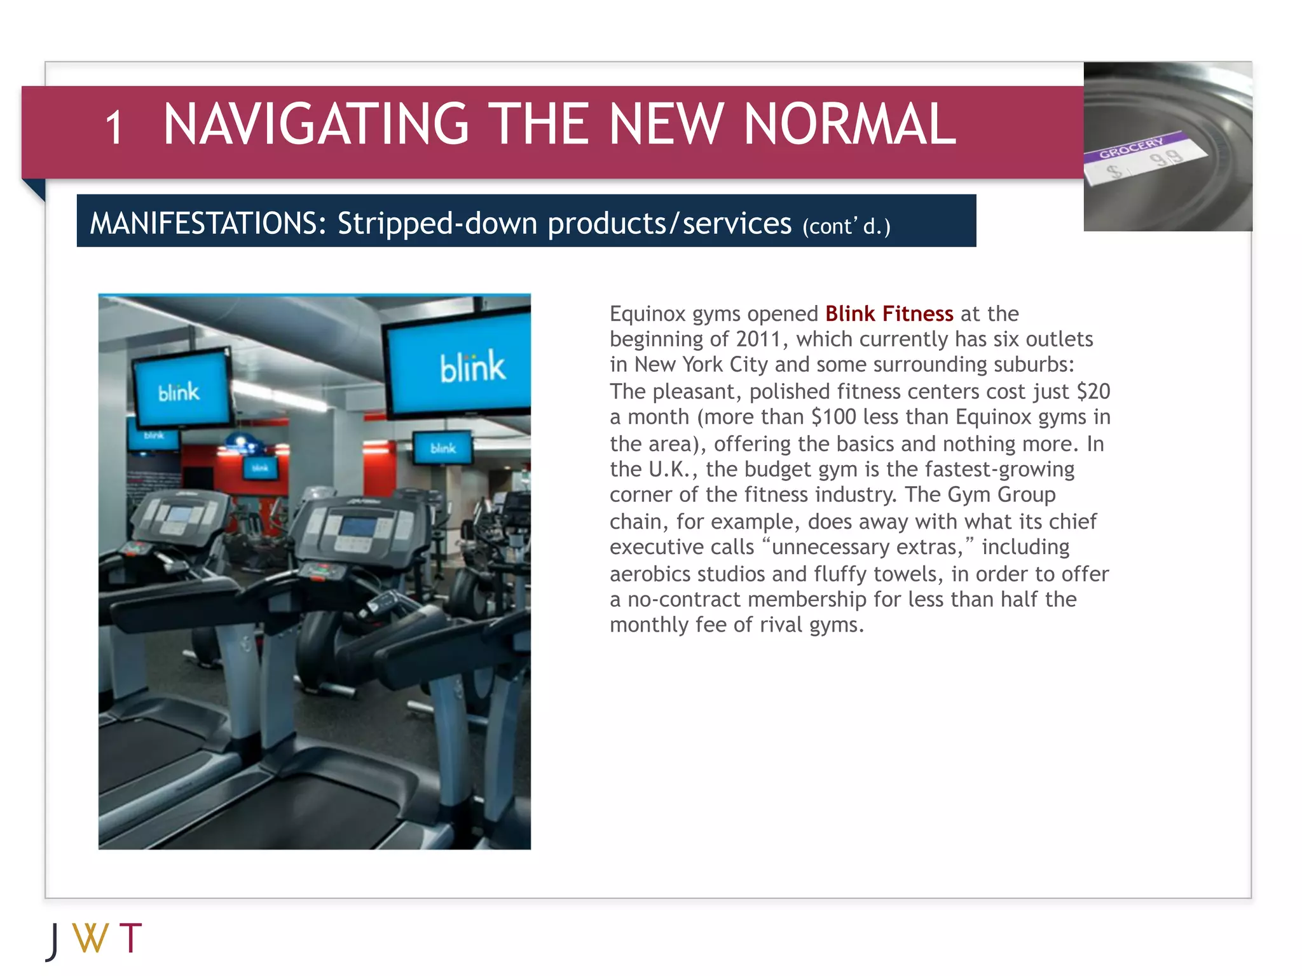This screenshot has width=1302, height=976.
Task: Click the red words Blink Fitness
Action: tap(889, 314)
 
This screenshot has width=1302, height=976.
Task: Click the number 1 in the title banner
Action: tap(114, 128)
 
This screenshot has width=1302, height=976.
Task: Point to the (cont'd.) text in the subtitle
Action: tap(846, 226)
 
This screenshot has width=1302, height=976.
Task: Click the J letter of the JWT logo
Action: tap(53, 941)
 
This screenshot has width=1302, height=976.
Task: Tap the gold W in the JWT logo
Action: tap(90, 938)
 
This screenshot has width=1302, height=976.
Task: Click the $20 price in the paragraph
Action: tap(1093, 391)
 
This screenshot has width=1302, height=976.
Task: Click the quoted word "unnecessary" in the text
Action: tap(826, 547)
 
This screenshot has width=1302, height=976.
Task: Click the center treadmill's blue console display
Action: tap(360, 527)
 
